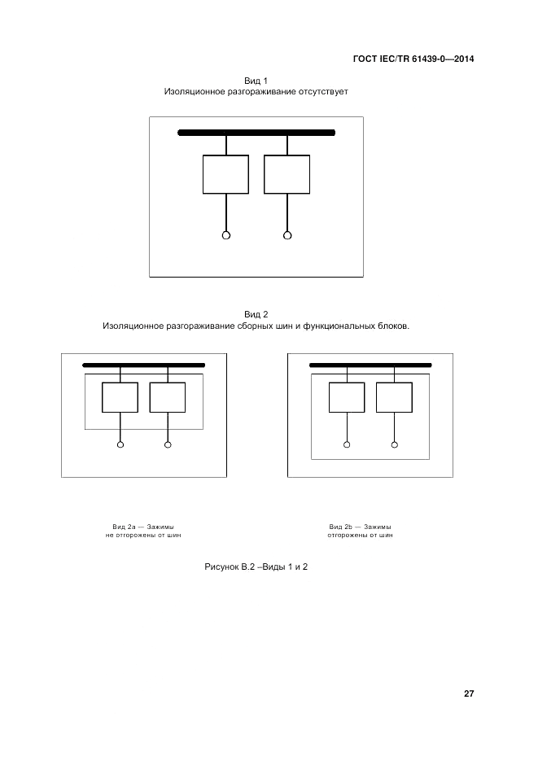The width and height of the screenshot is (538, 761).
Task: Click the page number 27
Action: tap(469, 694)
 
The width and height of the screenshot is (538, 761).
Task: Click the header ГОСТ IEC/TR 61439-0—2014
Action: tap(413, 59)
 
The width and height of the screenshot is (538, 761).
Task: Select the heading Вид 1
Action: tap(256, 81)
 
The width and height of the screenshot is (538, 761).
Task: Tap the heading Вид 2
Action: tap(256, 314)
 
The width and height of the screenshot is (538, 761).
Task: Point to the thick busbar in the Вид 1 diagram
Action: tap(256, 133)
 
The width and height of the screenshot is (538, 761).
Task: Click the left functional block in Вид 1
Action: tap(225, 174)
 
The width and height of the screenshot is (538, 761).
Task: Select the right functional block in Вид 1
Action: tap(287, 174)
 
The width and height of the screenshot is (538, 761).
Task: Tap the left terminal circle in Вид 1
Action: tap(226, 235)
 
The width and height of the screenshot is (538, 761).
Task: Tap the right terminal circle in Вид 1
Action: tap(287, 235)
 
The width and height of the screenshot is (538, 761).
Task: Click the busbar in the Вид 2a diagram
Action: tap(143, 365)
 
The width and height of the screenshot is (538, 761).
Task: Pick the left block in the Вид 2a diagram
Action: tap(120, 397)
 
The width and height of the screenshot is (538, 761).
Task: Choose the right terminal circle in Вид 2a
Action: tap(168, 444)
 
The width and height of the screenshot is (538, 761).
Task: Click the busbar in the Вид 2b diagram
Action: tap(370, 365)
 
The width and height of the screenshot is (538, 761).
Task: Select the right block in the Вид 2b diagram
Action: tap(394, 397)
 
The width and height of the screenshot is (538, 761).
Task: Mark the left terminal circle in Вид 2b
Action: tap(347, 444)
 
